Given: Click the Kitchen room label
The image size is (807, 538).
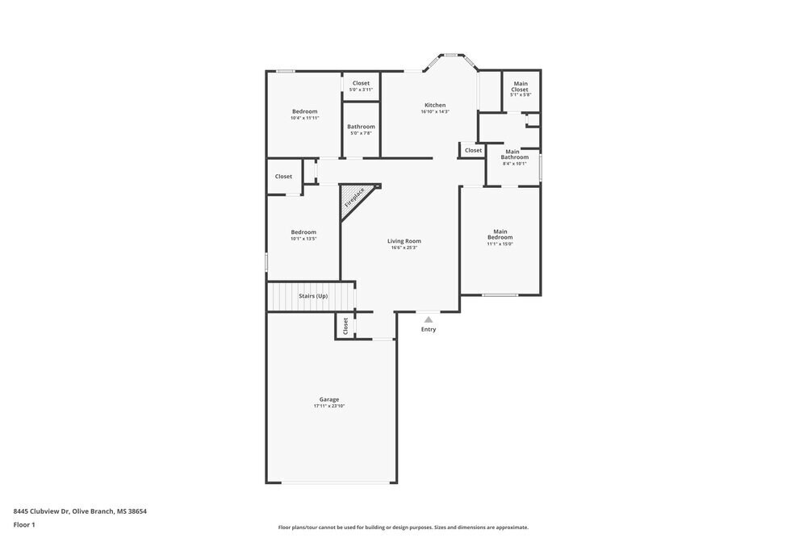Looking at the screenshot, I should (435, 106).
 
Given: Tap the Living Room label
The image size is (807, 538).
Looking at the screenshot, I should (403, 241).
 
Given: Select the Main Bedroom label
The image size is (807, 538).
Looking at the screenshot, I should (500, 235).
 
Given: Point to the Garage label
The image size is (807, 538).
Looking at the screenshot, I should (328, 399).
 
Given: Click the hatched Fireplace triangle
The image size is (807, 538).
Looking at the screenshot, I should (351, 198).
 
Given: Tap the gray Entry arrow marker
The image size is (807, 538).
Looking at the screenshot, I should (429, 319).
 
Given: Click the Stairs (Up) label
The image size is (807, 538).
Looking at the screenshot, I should (313, 296).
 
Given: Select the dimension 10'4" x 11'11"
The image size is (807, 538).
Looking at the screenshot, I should (304, 119).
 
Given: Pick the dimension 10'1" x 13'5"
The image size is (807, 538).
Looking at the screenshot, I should (303, 239).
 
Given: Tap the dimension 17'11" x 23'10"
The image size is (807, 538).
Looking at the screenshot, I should (328, 407).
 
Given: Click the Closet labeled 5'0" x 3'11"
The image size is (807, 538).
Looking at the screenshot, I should (361, 83).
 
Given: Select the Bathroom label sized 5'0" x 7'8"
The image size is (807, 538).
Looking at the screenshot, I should (361, 127).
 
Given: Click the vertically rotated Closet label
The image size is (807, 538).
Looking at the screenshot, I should (345, 326).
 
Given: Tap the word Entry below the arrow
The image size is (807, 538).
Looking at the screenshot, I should (429, 329).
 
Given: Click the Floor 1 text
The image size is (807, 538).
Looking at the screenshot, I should (24, 524).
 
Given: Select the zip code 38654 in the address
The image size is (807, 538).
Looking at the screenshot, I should (136, 511).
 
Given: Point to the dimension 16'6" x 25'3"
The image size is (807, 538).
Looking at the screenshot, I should (403, 248).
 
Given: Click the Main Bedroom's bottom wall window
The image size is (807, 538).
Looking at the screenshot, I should (500, 294).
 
